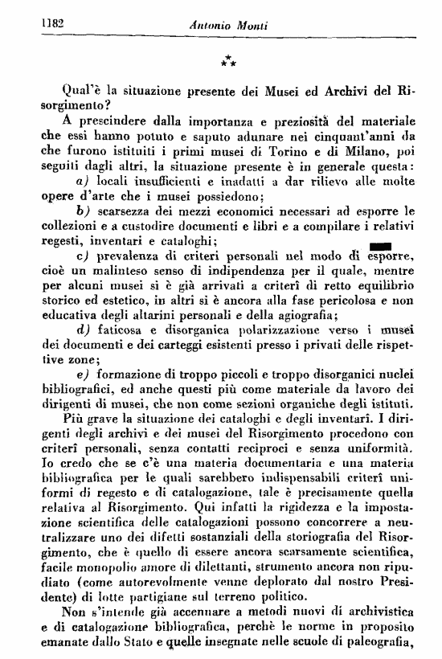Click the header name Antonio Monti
tap(228, 25)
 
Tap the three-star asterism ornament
tap(228, 59)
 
